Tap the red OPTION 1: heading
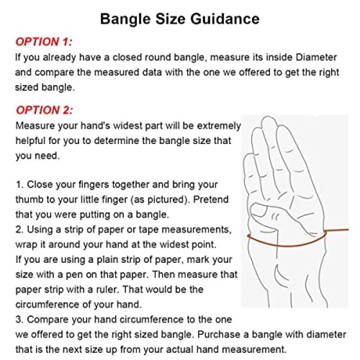[x=44, y=42]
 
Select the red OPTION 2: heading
[x=45, y=110]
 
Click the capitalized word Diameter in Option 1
[x=316, y=57]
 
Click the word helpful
[x=30, y=141]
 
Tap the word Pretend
[x=211, y=199]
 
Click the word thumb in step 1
[x=29, y=199]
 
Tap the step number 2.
[x=19, y=229]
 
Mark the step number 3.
[x=19, y=319]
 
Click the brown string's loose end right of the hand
[x=348, y=229]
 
